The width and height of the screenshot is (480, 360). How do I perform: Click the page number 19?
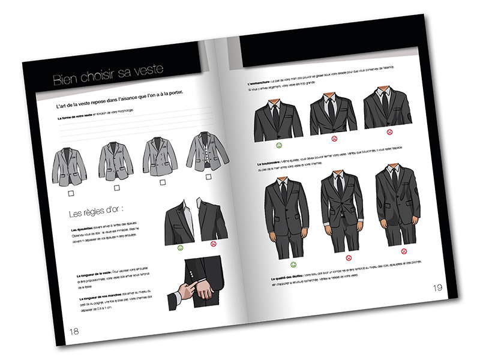click(x=437, y=287)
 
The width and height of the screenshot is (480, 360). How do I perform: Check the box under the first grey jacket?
click(x=71, y=193)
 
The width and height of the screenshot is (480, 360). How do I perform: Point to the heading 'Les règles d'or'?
click(x=99, y=214)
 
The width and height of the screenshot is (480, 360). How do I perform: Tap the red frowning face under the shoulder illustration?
click(x=212, y=244)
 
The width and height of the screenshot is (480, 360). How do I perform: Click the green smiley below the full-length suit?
click(x=293, y=264)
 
